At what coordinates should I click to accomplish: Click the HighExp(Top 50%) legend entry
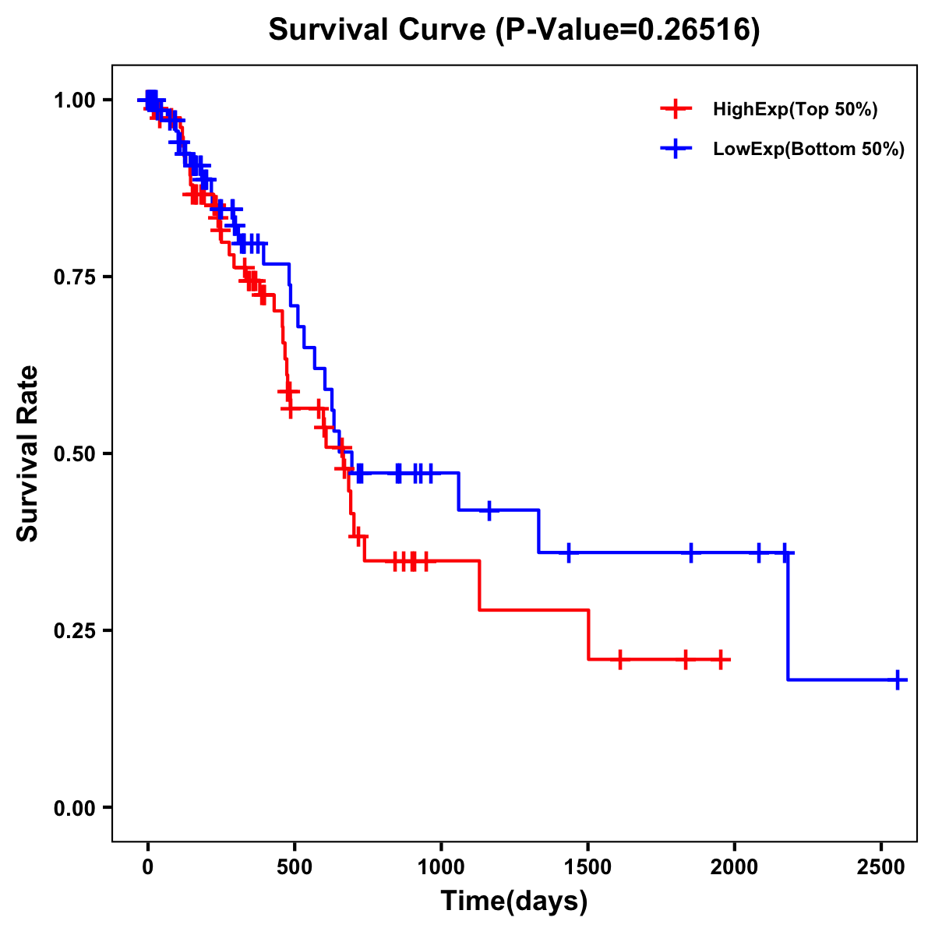pos(795,110)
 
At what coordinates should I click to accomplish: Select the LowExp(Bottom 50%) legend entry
pos(808,150)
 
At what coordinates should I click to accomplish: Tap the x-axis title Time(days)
pos(513,901)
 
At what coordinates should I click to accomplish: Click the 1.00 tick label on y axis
pos(75,101)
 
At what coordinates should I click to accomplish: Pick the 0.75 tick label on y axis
pos(75,277)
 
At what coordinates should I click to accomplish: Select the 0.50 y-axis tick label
pos(75,453)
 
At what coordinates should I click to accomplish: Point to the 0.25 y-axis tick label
pos(75,630)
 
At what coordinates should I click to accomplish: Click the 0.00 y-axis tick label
pos(75,807)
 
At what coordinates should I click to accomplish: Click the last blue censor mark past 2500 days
pos(898,679)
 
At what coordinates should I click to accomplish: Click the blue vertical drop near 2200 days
pos(788,616)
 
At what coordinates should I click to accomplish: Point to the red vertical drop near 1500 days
pos(588,634)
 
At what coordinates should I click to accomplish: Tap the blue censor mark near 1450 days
pos(569,552)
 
